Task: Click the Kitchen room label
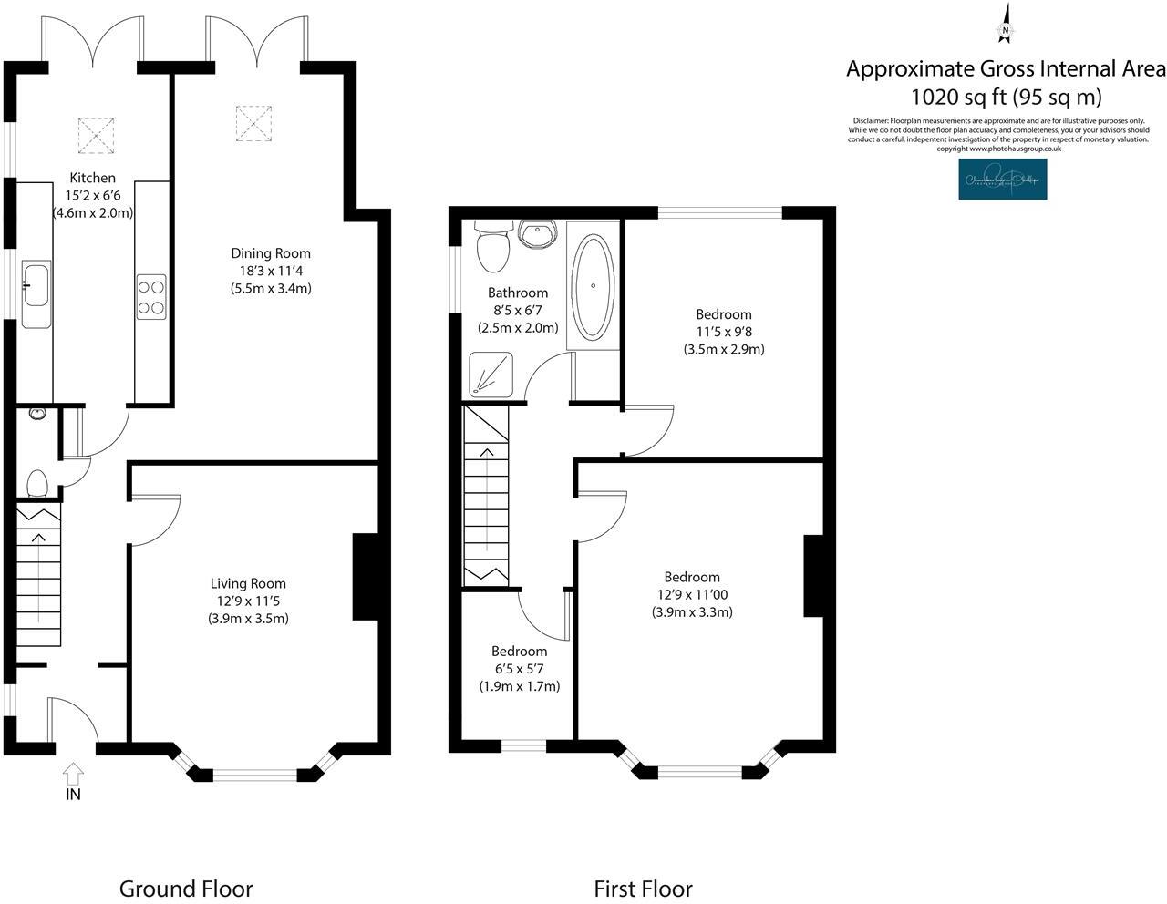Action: pos(93,178)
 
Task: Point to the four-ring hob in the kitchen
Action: pos(151,297)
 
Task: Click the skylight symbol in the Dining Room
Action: pos(254,124)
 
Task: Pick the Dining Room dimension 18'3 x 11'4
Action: pos(270,271)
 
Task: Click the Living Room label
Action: pos(248,583)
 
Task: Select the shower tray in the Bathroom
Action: pos(493,375)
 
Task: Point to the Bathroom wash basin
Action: pos(537,233)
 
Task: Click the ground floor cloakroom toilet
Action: pos(37,483)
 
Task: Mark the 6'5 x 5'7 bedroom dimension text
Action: pos(519,669)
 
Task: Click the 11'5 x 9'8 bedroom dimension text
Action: pos(723,332)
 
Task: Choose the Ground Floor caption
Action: pos(186,889)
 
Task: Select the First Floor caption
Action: pos(643,889)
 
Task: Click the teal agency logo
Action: pos(1002,180)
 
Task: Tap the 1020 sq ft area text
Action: pos(1007,97)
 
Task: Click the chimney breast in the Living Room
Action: pos(366,577)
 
